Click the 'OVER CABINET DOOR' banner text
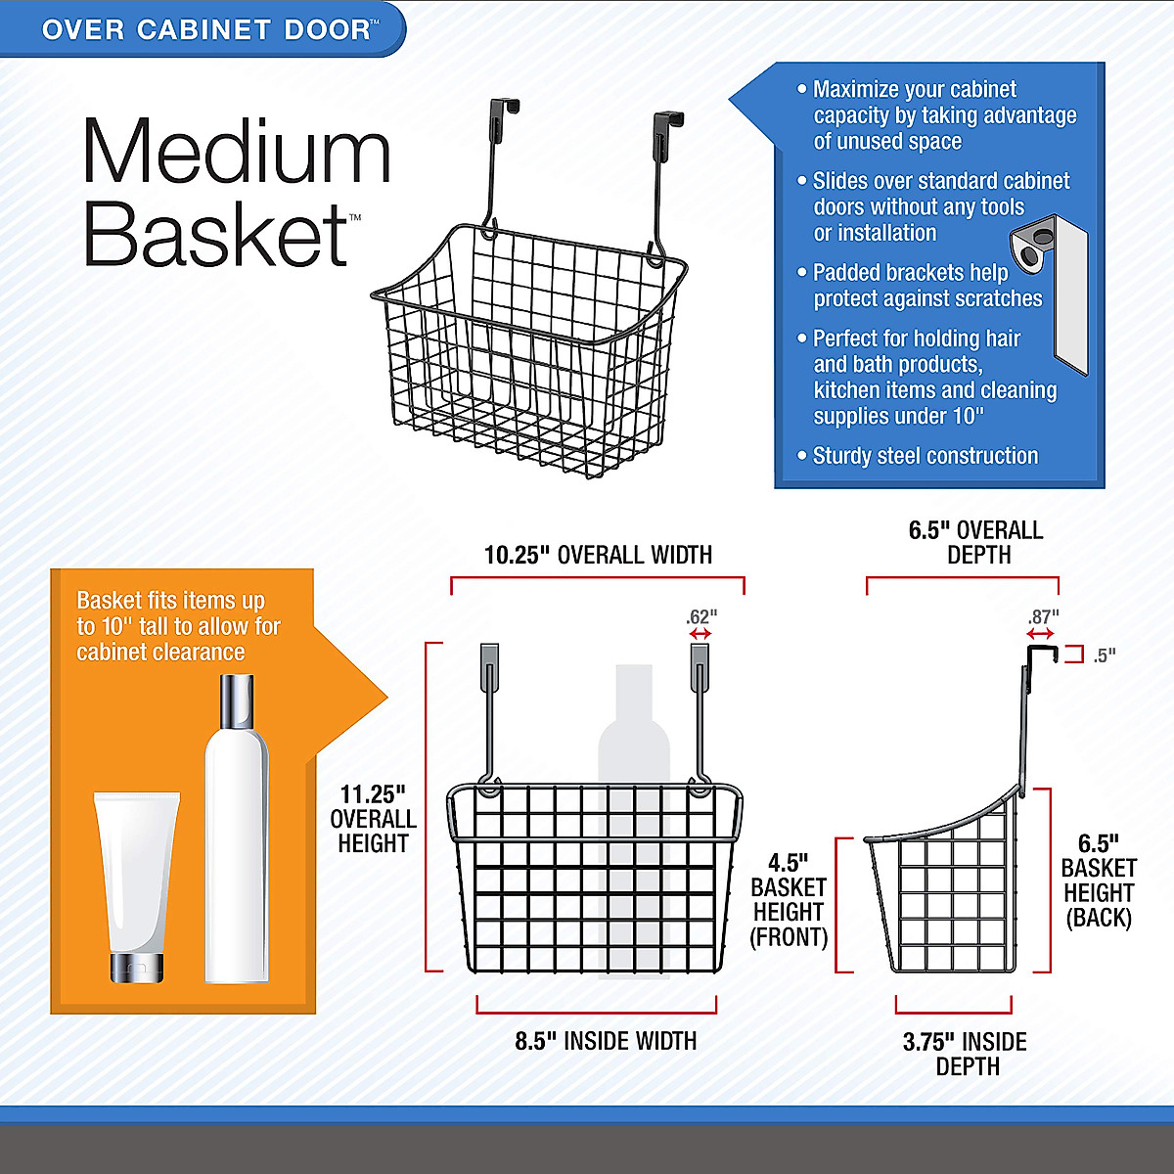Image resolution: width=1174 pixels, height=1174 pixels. tap(206, 29)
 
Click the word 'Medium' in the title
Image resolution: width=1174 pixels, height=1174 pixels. tap(237, 151)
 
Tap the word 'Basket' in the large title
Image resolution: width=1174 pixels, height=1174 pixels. tap(216, 234)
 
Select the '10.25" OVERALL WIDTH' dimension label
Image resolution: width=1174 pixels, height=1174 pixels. tap(598, 556)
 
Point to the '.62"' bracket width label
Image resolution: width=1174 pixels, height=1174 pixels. tap(700, 617)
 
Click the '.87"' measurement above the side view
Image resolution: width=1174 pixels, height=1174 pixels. tap(1043, 617)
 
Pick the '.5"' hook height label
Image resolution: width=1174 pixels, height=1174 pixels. tap(1105, 655)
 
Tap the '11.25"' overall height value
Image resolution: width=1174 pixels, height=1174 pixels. tap(373, 794)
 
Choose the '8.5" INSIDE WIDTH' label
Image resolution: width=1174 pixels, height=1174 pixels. tap(606, 1041)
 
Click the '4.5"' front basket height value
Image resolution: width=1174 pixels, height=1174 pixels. tap(788, 863)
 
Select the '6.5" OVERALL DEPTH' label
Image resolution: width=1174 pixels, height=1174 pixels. tap(975, 542)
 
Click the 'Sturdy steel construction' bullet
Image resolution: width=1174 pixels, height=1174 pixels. tap(925, 456)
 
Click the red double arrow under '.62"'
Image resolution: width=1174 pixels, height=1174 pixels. tap(700, 635)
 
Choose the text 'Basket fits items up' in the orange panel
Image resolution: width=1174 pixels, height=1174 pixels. tap(170, 601)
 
